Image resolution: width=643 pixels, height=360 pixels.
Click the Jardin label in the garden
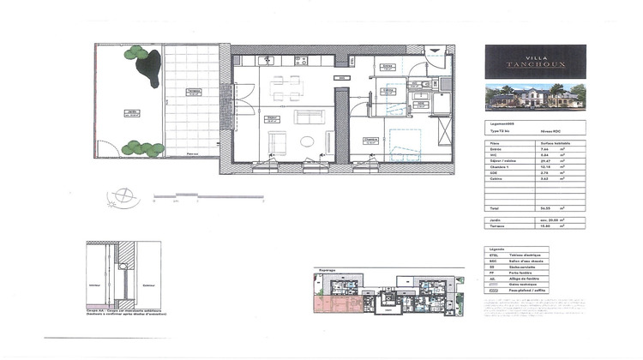[131, 112]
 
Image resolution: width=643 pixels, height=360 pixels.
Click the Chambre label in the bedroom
[370, 139]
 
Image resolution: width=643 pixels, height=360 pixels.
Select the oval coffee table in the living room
[306, 142]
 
